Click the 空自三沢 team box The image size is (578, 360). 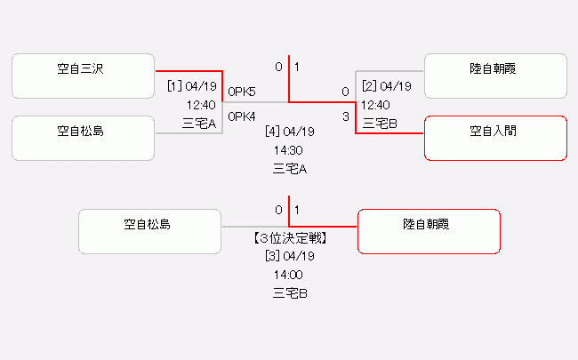click(84, 76)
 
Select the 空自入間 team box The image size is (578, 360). click(495, 139)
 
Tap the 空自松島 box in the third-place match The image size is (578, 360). click(149, 231)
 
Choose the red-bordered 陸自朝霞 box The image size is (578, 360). click(429, 231)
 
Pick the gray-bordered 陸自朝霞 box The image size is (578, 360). click(495, 76)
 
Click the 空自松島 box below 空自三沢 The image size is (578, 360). click(84, 139)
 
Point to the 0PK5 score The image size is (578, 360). click(242, 92)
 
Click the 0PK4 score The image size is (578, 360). click(242, 116)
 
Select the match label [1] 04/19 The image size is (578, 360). click(191, 86)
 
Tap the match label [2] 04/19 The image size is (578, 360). click(386, 86)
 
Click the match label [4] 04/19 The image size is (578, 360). click(290, 132)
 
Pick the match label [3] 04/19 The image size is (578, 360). click(290, 256)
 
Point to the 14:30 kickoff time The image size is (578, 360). click(290, 150)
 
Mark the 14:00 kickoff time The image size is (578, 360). click(290, 275)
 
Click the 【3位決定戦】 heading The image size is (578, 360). click(290, 238)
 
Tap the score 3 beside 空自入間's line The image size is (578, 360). click(345, 116)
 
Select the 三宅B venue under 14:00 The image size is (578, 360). click(290, 292)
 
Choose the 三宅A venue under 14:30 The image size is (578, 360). click(290, 168)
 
